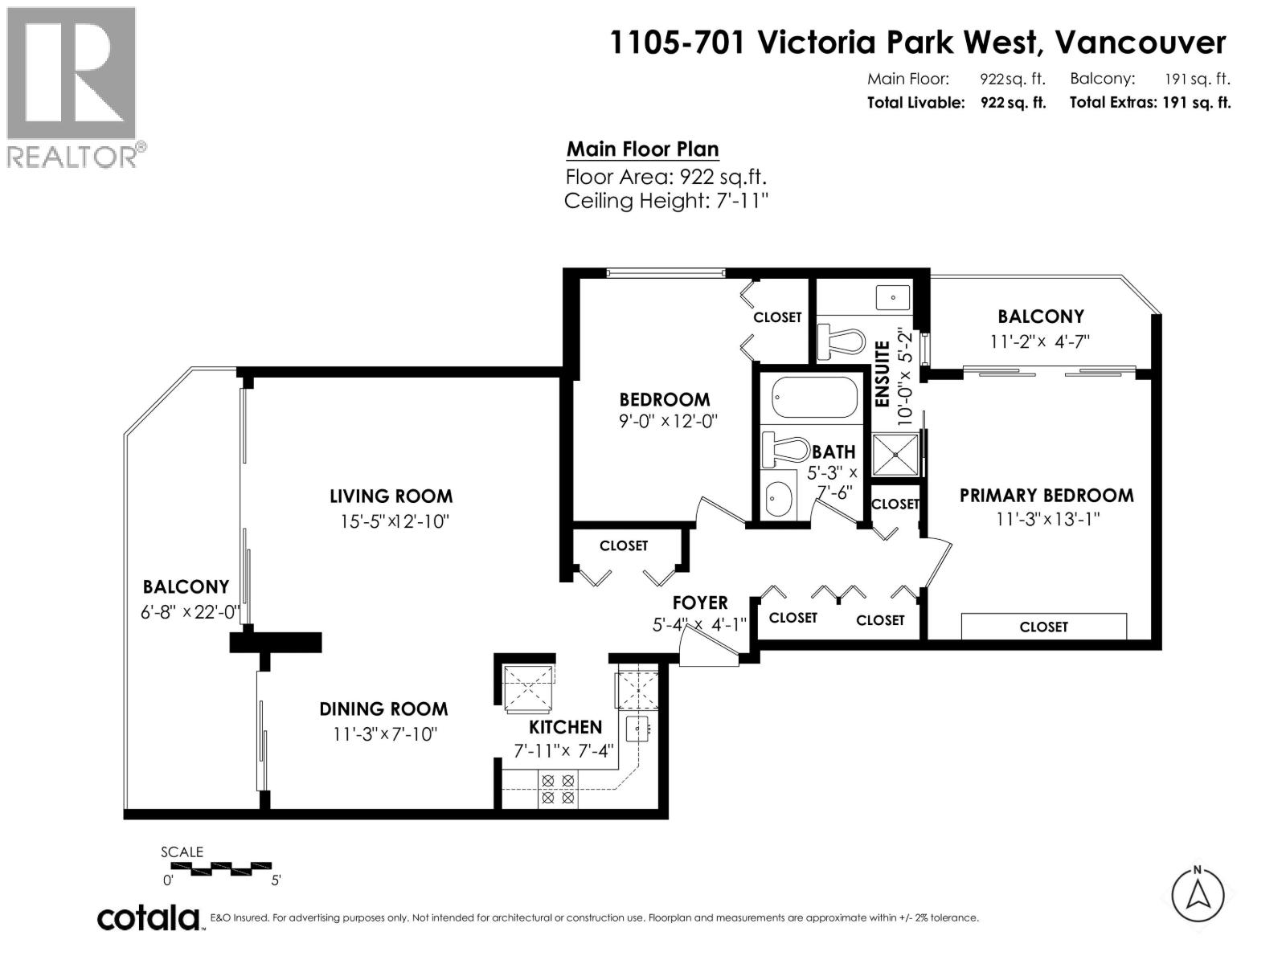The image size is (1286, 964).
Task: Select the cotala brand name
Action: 149,917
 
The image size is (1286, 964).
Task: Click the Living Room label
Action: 391,496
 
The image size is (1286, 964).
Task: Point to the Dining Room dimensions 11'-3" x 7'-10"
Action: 384,734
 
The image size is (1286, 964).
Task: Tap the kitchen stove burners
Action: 557,789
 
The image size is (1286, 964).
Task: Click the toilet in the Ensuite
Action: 839,342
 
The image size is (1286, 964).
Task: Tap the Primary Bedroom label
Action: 1046,495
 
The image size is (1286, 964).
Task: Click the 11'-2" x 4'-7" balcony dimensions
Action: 1040,341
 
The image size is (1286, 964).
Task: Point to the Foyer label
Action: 700,602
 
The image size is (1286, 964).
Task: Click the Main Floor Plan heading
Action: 642,149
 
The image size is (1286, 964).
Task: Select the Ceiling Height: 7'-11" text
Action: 666,201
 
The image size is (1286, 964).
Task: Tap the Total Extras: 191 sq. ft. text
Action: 1149,103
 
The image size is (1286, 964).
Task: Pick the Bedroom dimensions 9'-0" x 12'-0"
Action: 667,421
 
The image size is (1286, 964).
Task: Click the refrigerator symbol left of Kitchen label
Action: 527,687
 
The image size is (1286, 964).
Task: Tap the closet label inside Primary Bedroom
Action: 1043,627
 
